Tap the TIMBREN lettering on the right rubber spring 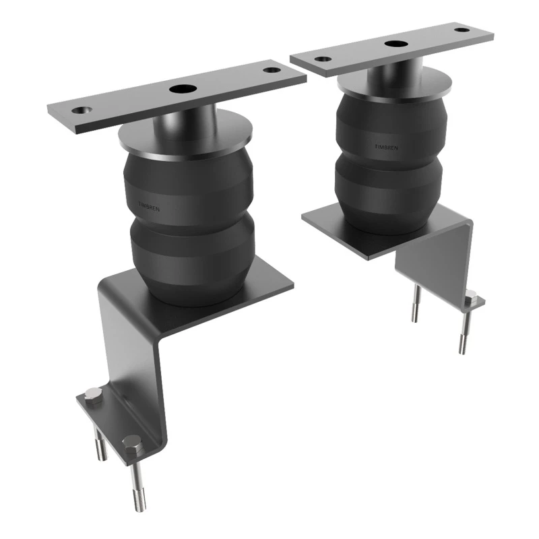point(386,145)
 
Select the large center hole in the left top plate point(180,88)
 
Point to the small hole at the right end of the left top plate point(271,69)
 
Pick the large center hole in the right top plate point(395,44)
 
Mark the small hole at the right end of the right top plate point(460,30)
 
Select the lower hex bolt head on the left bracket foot point(132,443)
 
